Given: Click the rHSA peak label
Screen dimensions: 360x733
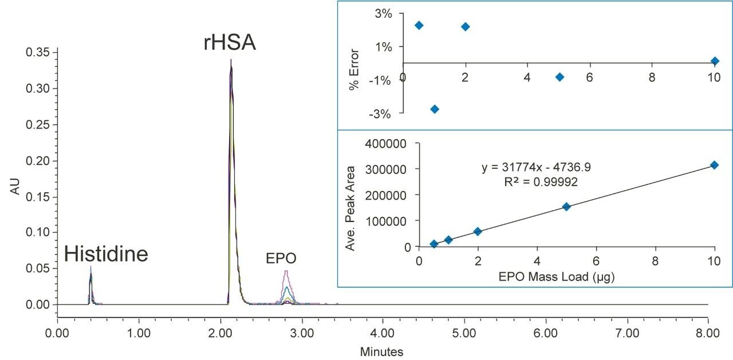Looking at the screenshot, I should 230,42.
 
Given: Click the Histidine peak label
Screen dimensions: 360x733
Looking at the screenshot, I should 106,254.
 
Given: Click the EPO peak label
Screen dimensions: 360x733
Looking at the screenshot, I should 281,259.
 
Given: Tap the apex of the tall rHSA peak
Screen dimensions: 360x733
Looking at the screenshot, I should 231,60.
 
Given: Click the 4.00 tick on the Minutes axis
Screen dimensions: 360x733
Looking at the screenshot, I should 383,333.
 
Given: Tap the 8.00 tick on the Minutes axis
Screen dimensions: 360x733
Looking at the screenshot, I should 708,333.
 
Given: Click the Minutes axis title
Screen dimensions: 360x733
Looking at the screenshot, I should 381,351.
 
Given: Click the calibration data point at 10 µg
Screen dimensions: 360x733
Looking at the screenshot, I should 714,165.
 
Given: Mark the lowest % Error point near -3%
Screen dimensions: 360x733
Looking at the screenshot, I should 435,109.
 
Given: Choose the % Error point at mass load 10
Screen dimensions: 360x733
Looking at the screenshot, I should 714,61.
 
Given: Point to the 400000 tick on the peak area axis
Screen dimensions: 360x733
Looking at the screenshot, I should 389,143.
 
